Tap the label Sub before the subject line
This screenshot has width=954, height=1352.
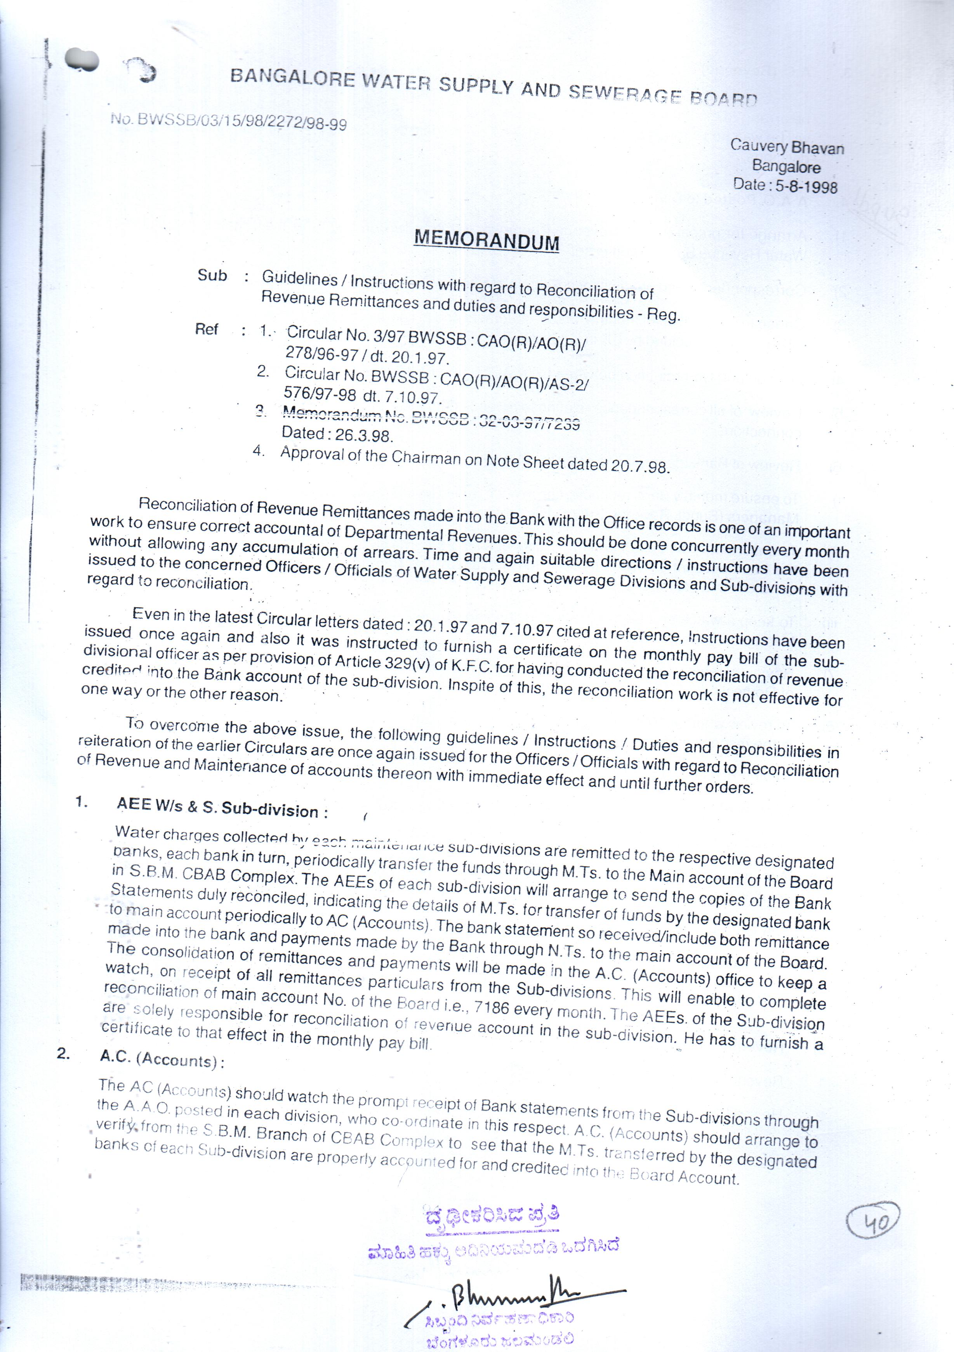point(212,276)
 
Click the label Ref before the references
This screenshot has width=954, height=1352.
point(207,329)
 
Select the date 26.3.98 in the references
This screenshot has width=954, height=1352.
point(363,435)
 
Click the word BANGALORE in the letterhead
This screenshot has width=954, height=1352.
point(292,78)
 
